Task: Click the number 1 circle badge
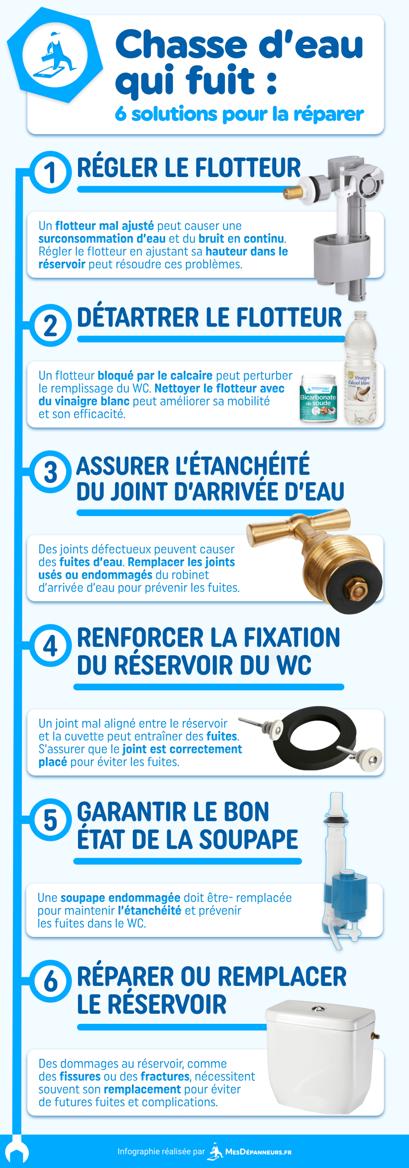(x=50, y=173)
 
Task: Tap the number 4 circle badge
(x=50, y=646)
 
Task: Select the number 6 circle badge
(x=50, y=981)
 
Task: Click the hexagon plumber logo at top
(x=55, y=55)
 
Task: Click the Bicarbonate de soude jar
(x=318, y=398)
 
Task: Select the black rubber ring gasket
(x=315, y=737)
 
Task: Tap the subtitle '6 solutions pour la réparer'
(x=239, y=114)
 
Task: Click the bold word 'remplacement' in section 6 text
(x=142, y=1090)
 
